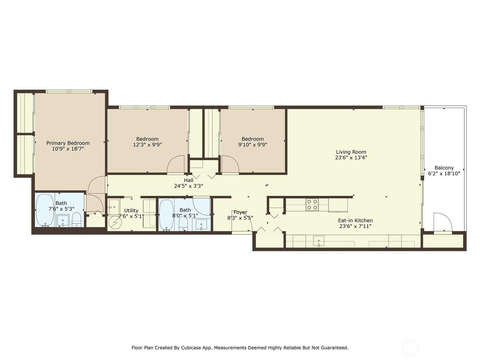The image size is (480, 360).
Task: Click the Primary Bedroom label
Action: pos(68,143)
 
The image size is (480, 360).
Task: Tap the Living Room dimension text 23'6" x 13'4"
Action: pos(351,157)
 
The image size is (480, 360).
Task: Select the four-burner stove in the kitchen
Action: pos(312,205)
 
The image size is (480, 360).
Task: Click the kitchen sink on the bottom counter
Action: pos(319,241)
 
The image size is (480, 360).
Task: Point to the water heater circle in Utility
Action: pos(115,223)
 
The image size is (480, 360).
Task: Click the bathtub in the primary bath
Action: pos(45,210)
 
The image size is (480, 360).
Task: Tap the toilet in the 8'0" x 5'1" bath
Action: pos(183,223)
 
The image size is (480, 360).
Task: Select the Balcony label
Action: pos(444,168)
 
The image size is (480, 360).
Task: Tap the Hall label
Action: pos(188,180)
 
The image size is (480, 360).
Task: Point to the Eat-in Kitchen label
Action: pos(355,220)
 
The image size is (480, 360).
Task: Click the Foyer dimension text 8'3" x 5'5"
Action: pos(240,218)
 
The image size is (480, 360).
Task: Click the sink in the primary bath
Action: pos(63,220)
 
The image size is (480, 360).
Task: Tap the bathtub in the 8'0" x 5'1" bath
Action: pos(166,215)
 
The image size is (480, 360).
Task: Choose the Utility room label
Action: pos(131,211)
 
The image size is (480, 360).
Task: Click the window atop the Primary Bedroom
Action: pos(69,91)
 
